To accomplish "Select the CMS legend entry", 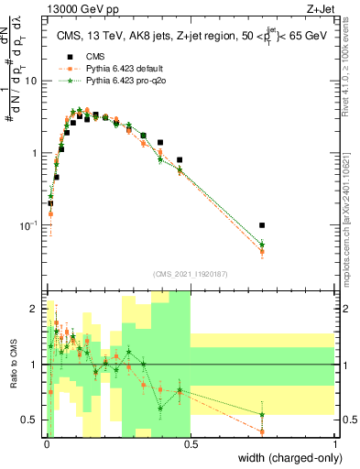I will tap(95, 55).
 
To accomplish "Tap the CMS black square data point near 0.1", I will tap(74, 122).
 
